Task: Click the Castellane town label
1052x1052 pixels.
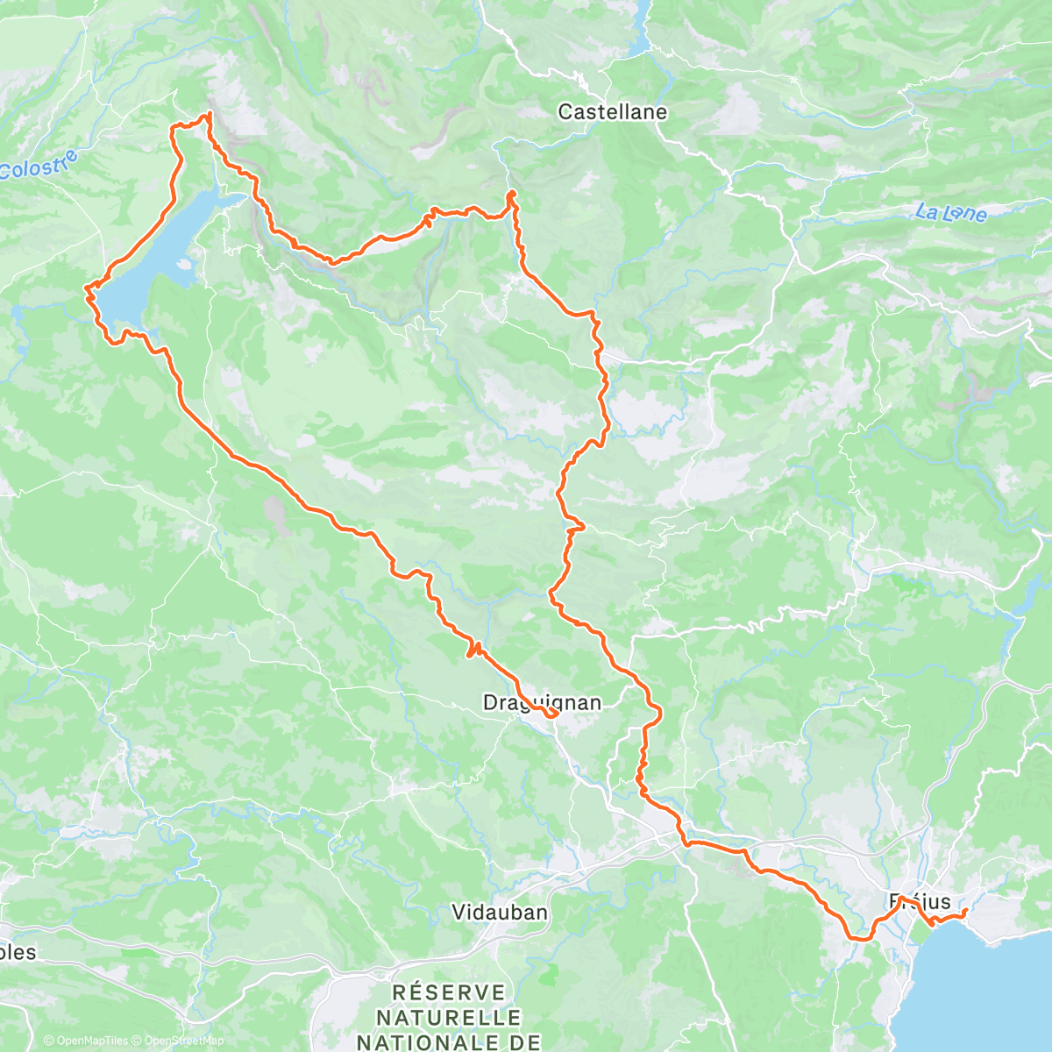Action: [x=612, y=112]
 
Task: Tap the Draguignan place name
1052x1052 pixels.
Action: [x=542, y=702]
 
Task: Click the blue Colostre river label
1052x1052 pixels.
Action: [x=39, y=166]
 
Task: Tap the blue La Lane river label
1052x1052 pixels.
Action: [x=951, y=212]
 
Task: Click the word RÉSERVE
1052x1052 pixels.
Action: [x=450, y=992]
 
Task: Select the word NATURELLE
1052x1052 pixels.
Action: [x=448, y=1018]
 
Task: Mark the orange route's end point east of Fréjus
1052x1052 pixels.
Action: [x=964, y=912]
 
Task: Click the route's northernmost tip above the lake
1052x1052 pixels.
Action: [x=209, y=115]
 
